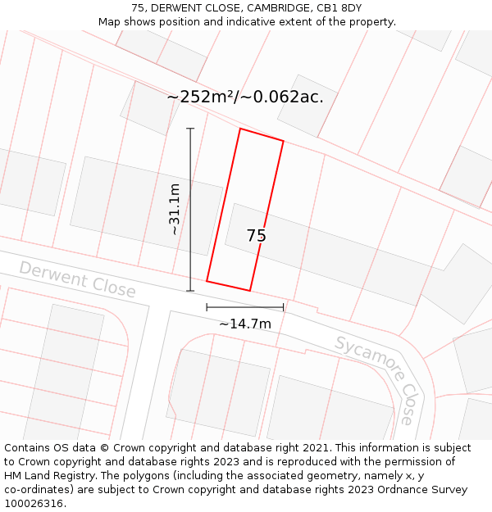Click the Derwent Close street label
[x=77, y=279]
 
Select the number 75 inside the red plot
[x=256, y=236]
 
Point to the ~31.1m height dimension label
[x=174, y=210]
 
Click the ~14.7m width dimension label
[x=244, y=324]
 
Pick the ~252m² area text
[x=202, y=97]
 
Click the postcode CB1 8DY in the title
[x=339, y=8]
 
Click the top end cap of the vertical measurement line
[x=190, y=129]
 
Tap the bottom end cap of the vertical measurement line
[x=190, y=291]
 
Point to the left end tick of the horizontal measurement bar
[x=207, y=307]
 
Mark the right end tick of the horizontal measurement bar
[x=284, y=307]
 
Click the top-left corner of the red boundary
[x=240, y=129]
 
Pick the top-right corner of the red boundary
[x=284, y=141]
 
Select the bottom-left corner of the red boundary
[x=207, y=281]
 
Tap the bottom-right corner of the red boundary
[x=250, y=291]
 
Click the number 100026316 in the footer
[x=33, y=504]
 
